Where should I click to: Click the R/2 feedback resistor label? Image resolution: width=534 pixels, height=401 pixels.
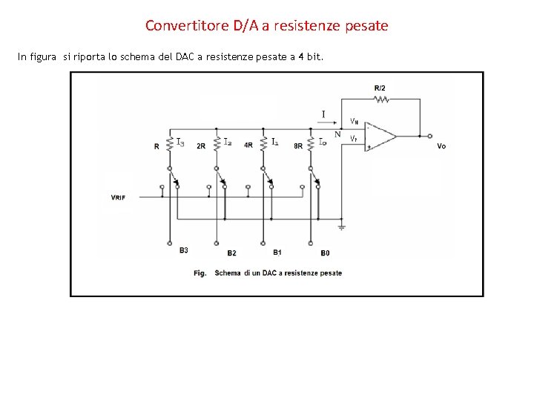(x=380, y=88)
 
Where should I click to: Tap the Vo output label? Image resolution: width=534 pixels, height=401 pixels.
(x=441, y=146)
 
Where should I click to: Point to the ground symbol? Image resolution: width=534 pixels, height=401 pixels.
(x=341, y=226)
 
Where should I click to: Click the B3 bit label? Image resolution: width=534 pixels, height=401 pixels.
(x=183, y=250)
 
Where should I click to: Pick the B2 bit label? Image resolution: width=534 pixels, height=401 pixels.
(x=231, y=253)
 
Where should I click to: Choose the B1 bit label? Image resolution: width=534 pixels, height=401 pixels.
(x=277, y=252)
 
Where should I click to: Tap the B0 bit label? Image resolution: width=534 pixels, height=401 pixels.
(x=325, y=253)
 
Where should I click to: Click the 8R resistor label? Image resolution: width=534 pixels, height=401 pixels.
(x=298, y=146)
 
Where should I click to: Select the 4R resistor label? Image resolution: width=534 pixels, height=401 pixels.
(x=248, y=146)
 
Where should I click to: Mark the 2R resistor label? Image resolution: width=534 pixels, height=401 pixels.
(x=201, y=146)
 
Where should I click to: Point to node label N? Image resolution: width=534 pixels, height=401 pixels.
(x=337, y=134)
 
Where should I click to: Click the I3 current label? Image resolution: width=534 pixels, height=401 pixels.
(x=180, y=141)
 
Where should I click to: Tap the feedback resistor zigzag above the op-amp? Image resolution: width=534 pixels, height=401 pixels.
(x=381, y=99)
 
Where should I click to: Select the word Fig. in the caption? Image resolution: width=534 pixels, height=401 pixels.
(x=200, y=273)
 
